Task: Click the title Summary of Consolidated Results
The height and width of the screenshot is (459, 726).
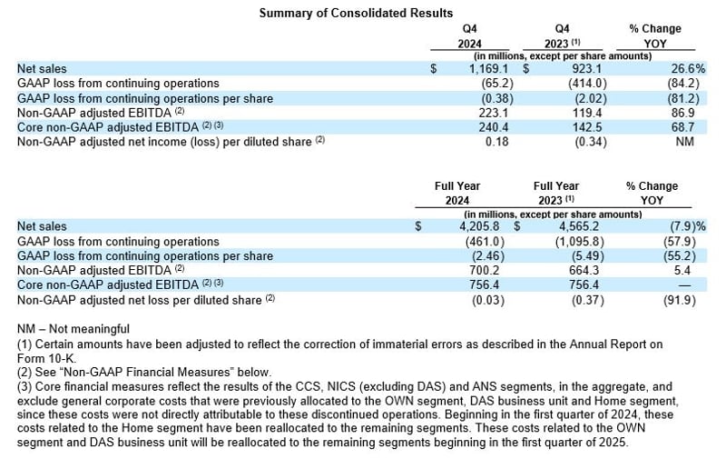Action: pyautogui.click(x=356, y=13)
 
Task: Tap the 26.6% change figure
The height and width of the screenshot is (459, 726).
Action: pyautogui.click(x=663, y=68)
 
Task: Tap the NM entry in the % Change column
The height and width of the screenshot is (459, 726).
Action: pyautogui.click(x=672, y=142)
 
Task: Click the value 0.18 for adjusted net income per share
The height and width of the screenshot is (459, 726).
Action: pyautogui.click(x=491, y=142)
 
